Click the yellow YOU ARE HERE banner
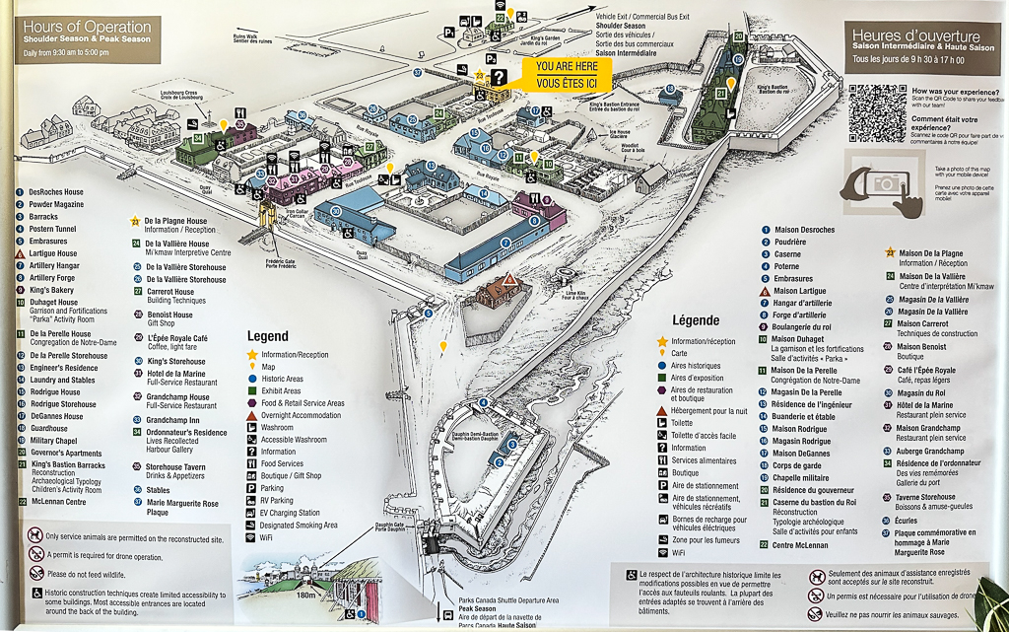(567, 74)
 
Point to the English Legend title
(268, 336)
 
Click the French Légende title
(695, 320)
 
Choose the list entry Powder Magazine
(56, 204)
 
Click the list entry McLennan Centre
(59, 501)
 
